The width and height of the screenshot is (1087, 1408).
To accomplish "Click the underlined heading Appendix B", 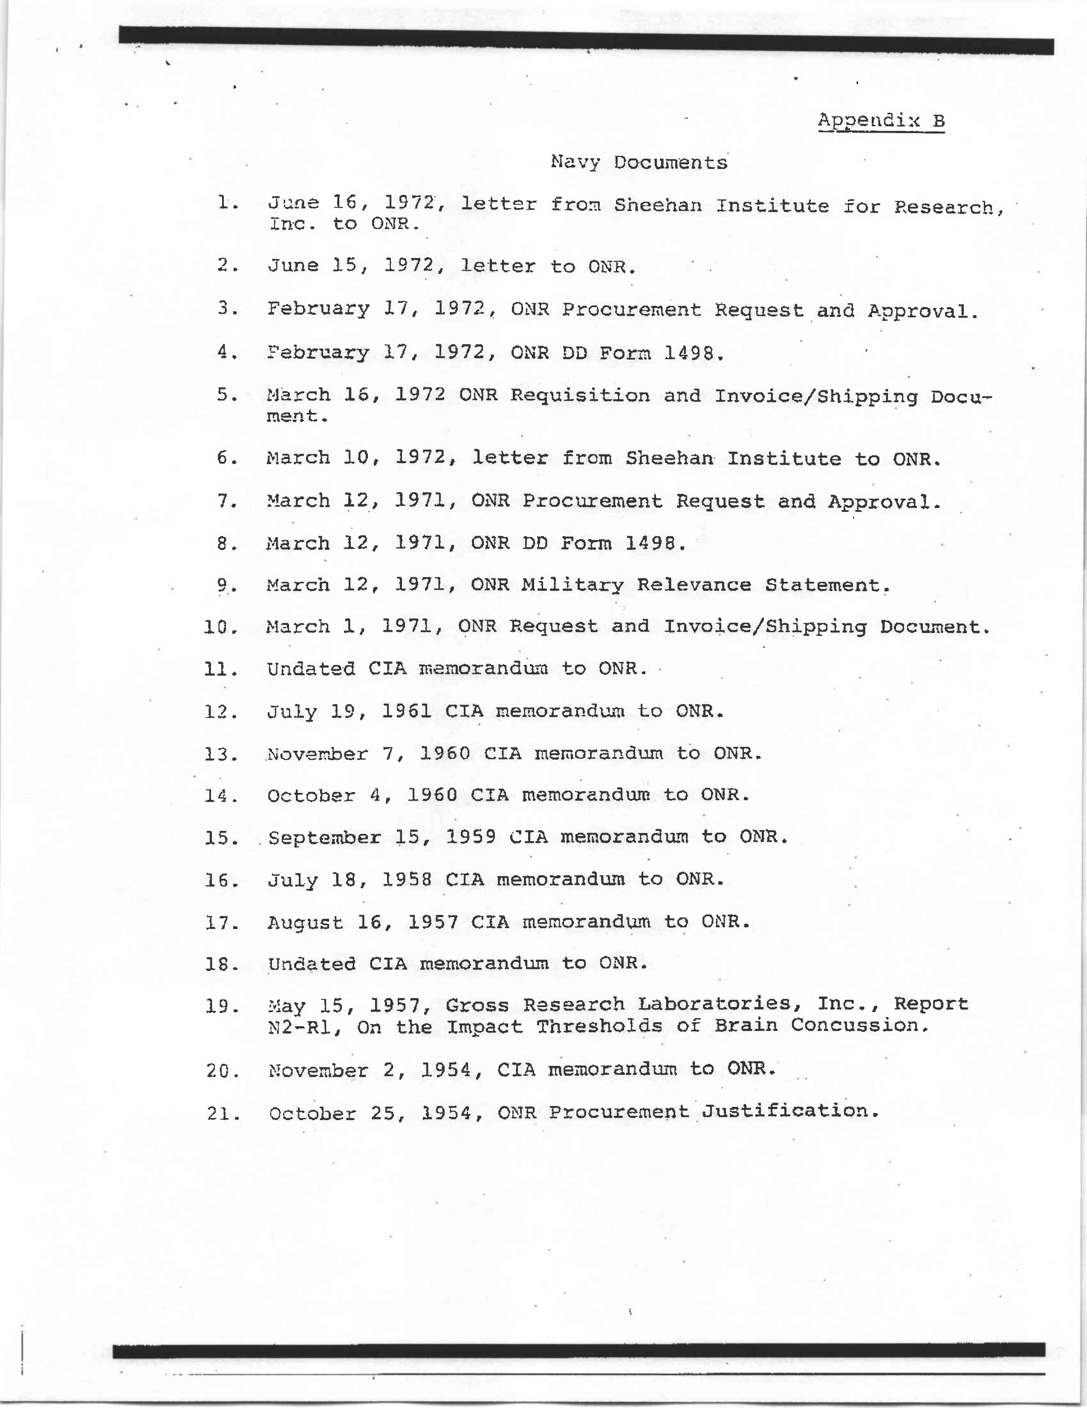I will tap(881, 121).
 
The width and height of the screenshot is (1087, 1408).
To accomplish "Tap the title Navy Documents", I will tap(639, 163).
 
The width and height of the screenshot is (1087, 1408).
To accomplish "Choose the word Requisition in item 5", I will tap(580, 395).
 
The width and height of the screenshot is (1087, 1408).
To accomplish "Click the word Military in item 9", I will tap(572, 585).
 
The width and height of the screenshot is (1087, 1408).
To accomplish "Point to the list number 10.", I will tap(220, 627).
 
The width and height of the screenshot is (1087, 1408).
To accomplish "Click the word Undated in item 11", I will tap(311, 668).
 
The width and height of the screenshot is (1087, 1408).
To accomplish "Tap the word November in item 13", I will tap(317, 754).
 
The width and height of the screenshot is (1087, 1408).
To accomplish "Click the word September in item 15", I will tap(324, 837).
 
